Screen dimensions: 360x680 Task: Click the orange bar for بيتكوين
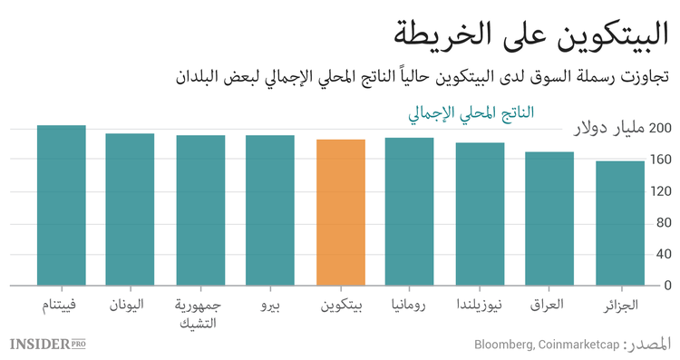point(341,212)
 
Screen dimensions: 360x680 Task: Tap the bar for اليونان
point(130,209)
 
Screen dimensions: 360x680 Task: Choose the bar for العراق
point(550,219)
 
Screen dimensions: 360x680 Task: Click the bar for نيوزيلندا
point(481,214)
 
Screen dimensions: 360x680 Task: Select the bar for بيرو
point(270,210)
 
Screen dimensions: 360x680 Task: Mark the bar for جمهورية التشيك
point(200,210)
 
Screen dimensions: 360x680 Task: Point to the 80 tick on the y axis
point(663,223)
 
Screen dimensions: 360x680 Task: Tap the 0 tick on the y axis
point(666,286)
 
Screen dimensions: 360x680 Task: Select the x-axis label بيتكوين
point(341,305)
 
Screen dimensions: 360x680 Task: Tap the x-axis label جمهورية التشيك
point(200,313)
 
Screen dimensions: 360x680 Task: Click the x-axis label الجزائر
point(620,305)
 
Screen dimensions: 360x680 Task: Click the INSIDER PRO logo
point(53,344)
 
